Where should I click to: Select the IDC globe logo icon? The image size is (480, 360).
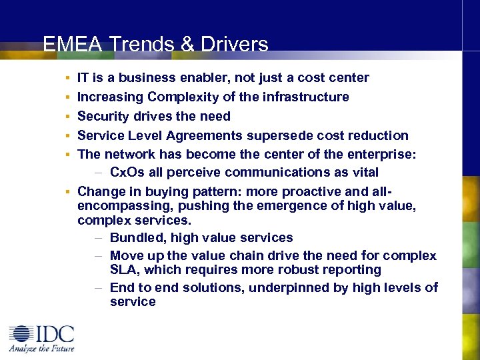click(x=22, y=335)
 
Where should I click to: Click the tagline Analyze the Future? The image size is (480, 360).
click(x=41, y=348)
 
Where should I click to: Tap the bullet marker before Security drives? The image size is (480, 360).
click(x=69, y=117)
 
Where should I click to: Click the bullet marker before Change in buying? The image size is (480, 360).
click(x=69, y=192)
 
